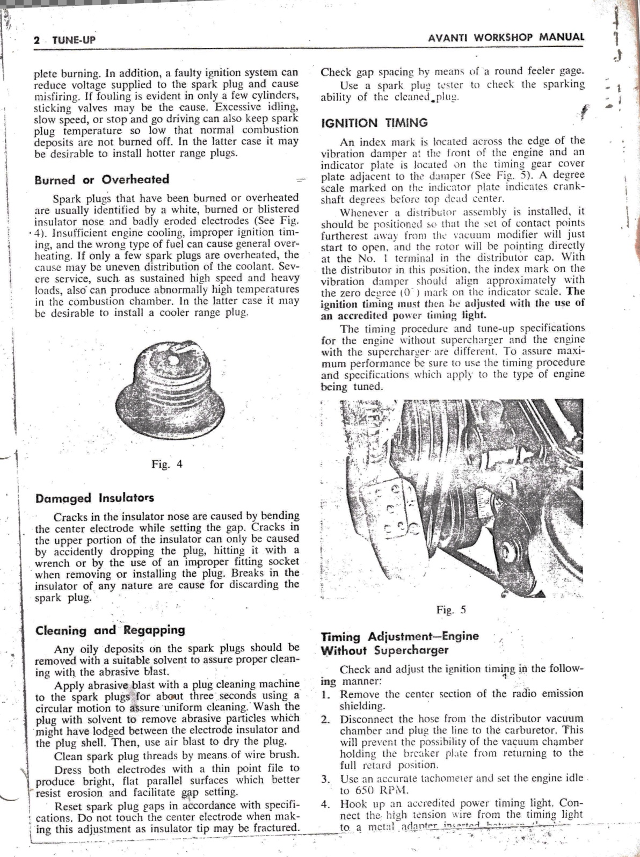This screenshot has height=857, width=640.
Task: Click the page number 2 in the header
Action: coord(37,40)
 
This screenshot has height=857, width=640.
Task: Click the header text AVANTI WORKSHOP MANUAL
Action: coord(506,38)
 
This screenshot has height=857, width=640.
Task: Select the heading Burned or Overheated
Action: coord(101,179)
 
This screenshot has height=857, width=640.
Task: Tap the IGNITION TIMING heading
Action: coord(374,123)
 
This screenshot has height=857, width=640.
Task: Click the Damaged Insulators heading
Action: coord(94,498)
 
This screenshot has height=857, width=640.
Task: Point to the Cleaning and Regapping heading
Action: coord(110,630)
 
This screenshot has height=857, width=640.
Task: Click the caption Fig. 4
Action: coord(168,464)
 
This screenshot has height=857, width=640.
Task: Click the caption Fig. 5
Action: coord(451,609)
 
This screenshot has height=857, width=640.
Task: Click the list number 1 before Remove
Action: coord(325,694)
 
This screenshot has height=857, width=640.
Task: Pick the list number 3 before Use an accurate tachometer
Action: coord(325,779)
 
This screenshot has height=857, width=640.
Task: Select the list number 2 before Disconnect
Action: coord(325,719)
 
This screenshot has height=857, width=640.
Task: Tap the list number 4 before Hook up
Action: coord(325,804)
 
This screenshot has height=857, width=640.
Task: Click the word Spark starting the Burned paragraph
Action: coord(67,198)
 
